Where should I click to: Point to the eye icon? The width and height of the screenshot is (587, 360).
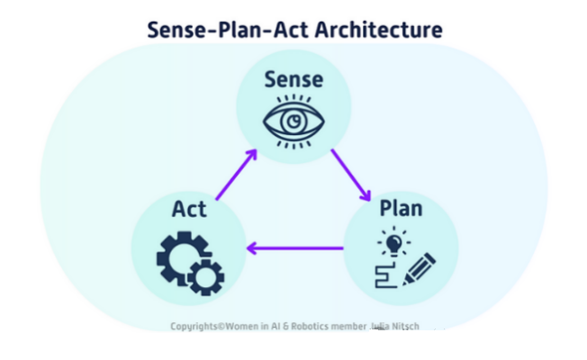(293, 120)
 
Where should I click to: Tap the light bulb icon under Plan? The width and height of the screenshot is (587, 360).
(393, 241)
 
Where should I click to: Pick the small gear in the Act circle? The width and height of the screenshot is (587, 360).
(208, 276)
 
